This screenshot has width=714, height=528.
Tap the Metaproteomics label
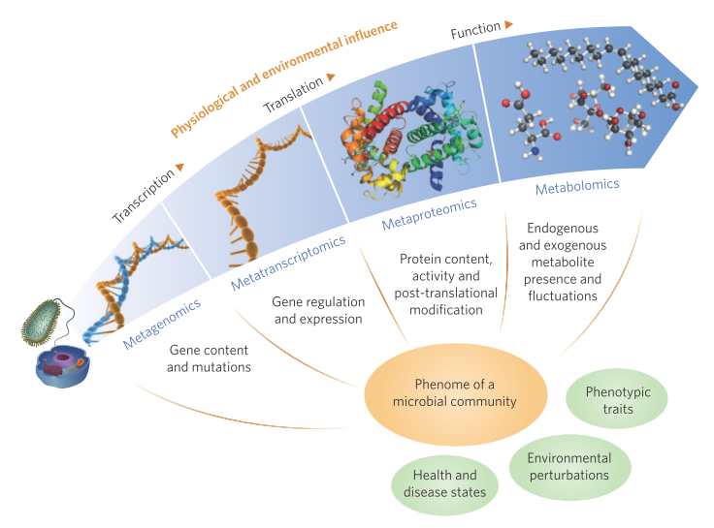tap(430, 215)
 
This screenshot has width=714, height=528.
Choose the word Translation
tap(293, 94)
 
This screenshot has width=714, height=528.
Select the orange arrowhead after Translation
tap(331, 76)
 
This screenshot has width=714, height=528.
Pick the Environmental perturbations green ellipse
tap(569, 467)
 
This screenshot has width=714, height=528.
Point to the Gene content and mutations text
tap(209, 358)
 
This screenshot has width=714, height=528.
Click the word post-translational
tap(448, 293)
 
